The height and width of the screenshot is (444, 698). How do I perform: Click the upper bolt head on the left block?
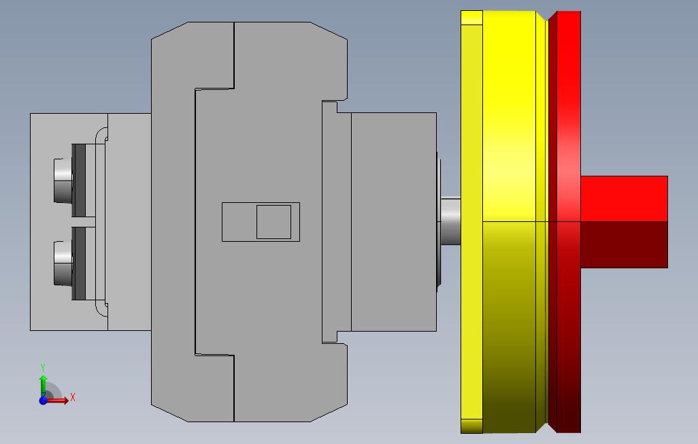[x=63, y=180]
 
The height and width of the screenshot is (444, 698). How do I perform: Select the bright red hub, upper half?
[x=623, y=198]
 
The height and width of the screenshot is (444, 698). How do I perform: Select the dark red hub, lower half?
[x=623, y=244]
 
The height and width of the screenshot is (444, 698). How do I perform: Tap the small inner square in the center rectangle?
[x=273, y=222]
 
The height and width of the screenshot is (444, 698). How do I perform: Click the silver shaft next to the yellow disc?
[x=450, y=221]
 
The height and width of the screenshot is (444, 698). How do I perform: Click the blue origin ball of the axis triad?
[x=43, y=400]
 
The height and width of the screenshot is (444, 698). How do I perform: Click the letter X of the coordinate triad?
[x=72, y=397]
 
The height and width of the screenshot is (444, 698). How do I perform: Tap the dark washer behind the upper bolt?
[x=79, y=180]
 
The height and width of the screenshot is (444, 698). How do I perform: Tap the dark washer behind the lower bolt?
[x=79, y=263]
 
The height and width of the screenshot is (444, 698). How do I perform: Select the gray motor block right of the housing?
[x=393, y=222]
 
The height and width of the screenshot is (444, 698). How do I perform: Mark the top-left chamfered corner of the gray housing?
[x=167, y=31]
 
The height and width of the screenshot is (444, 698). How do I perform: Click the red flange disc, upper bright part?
[x=565, y=102]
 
